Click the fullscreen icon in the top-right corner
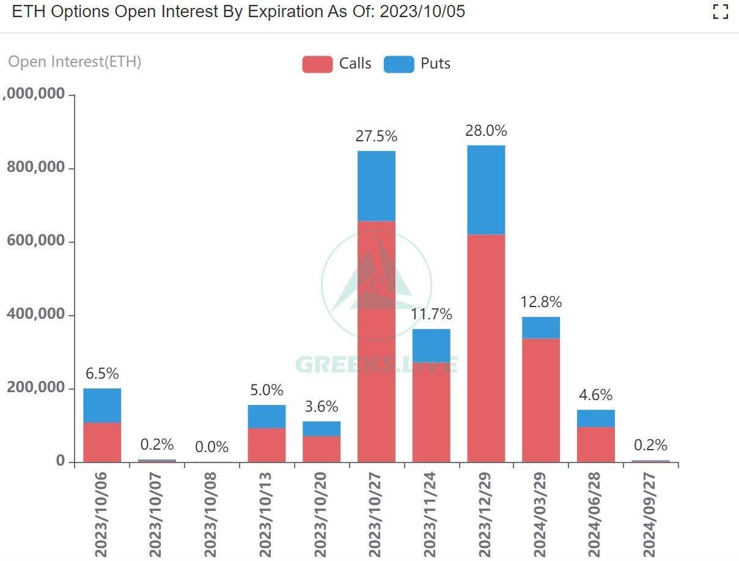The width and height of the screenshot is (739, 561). coord(721,12)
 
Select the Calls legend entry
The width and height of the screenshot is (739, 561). coord(337,64)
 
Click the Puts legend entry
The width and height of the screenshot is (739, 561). coord(417,64)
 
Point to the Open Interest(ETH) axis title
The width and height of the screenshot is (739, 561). coord(75,62)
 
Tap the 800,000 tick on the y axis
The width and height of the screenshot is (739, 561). coord(36,168)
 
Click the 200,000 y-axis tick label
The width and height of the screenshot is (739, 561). coord(36,388)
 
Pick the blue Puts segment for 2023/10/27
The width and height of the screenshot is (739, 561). coord(377,185)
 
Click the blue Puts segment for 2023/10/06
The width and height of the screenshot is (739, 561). coord(102,405)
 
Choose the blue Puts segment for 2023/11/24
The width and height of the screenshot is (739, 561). coord(431,345)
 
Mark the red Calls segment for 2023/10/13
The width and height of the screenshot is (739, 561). coord(267,445)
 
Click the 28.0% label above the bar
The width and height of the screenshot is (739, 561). coord(486,130)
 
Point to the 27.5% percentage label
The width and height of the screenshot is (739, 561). coord(377,136)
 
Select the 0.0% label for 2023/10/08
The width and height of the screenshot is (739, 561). coord(211,447)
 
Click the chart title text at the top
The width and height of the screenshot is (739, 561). coord(238,12)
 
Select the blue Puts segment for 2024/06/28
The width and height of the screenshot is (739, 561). coord(596,418)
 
